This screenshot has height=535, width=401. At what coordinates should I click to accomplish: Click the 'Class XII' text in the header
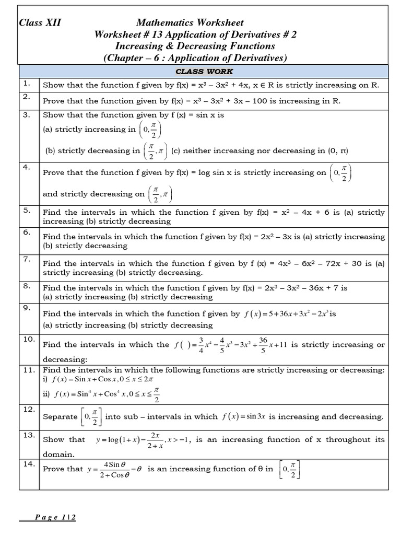click(x=40, y=22)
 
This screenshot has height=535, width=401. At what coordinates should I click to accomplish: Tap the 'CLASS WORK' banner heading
click(x=204, y=72)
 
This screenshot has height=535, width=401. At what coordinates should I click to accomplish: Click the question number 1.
click(x=27, y=84)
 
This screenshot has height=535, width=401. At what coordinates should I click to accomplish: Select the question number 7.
click(x=27, y=259)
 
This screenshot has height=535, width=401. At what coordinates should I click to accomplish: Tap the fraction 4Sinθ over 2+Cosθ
click(x=113, y=469)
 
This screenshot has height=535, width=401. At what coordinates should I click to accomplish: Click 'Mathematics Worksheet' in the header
click(x=190, y=22)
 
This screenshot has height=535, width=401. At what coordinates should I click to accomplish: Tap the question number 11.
click(x=29, y=370)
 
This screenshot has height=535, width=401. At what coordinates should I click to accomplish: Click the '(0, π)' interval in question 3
click(x=337, y=151)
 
